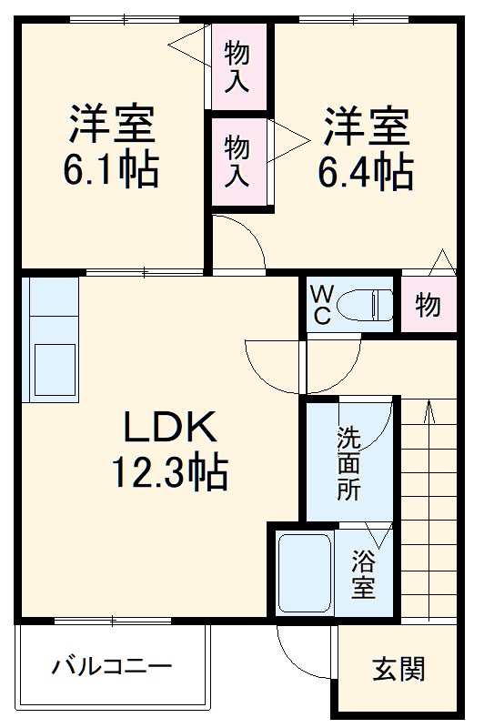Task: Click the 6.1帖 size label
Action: pos(111,169)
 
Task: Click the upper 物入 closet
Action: pos(238,66)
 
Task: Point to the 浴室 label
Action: pos(364,572)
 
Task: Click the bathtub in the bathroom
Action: pos(304,572)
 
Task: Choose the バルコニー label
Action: pos(111,667)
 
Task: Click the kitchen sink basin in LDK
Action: pos(54,369)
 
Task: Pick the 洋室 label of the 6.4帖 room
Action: pos(364,125)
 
